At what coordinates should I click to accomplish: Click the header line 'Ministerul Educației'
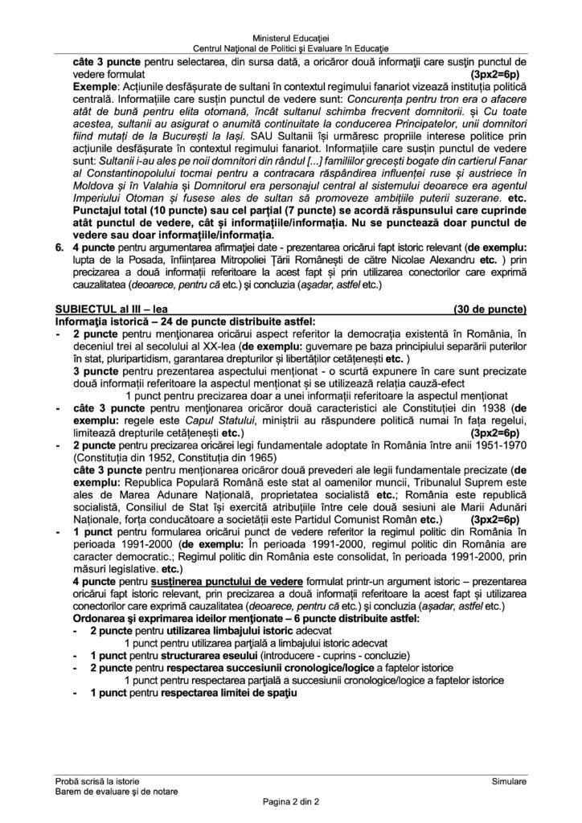point(290,39)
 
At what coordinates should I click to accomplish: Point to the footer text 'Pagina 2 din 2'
point(290,801)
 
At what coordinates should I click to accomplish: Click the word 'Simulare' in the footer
point(509,780)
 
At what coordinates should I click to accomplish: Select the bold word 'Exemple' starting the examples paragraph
point(93,84)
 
